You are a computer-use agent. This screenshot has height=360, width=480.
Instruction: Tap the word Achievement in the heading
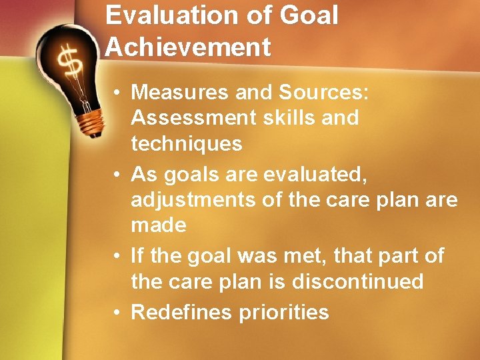click(x=189, y=47)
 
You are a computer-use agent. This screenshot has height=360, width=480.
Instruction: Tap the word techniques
click(x=187, y=144)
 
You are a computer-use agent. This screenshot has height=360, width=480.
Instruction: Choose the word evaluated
click(x=327, y=174)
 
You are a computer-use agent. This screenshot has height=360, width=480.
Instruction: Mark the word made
click(x=159, y=225)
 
